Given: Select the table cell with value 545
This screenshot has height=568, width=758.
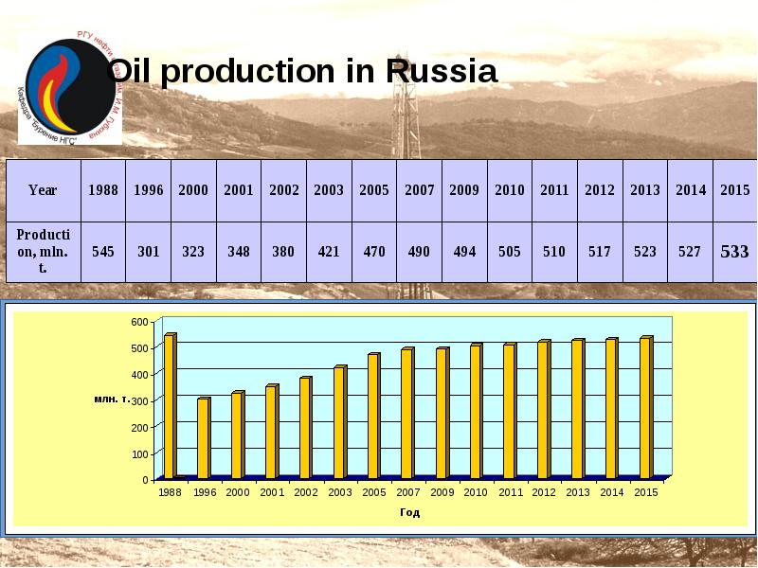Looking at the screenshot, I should (x=102, y=252).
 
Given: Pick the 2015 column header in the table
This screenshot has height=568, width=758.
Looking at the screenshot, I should (x=734, y=189).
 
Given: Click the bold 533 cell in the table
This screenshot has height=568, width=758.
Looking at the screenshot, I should (x=734, y=252).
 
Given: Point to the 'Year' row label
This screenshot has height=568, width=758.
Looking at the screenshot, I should (x=43, y=189).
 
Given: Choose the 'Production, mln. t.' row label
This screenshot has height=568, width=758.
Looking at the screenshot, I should (x=43, y=252).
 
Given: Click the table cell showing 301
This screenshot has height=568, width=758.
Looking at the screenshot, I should (x=148, y=252).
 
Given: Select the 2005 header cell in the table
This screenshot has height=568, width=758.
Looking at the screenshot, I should (x=374, y=189).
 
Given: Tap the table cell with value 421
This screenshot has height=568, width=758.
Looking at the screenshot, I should (x=329, y=252).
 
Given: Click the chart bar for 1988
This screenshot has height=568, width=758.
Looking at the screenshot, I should (x=170, y=406).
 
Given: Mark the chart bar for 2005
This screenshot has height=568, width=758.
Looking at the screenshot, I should (x=373, y=416).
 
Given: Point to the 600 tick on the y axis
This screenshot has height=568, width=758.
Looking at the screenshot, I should (x=138, y=323).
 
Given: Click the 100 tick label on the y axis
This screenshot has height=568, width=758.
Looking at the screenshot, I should (x=140, y=454).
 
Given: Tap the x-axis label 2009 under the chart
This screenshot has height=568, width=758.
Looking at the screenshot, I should (x=442, y=493).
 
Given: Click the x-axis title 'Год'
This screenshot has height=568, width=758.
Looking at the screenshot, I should (x=409, y=513).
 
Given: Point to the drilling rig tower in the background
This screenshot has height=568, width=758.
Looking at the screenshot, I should (x=405, y=104).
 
